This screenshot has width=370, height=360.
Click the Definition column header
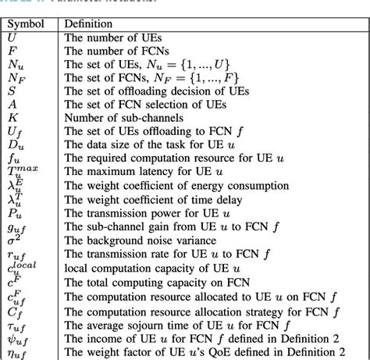pos(87,24)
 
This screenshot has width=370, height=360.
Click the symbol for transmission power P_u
pos(15,205)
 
